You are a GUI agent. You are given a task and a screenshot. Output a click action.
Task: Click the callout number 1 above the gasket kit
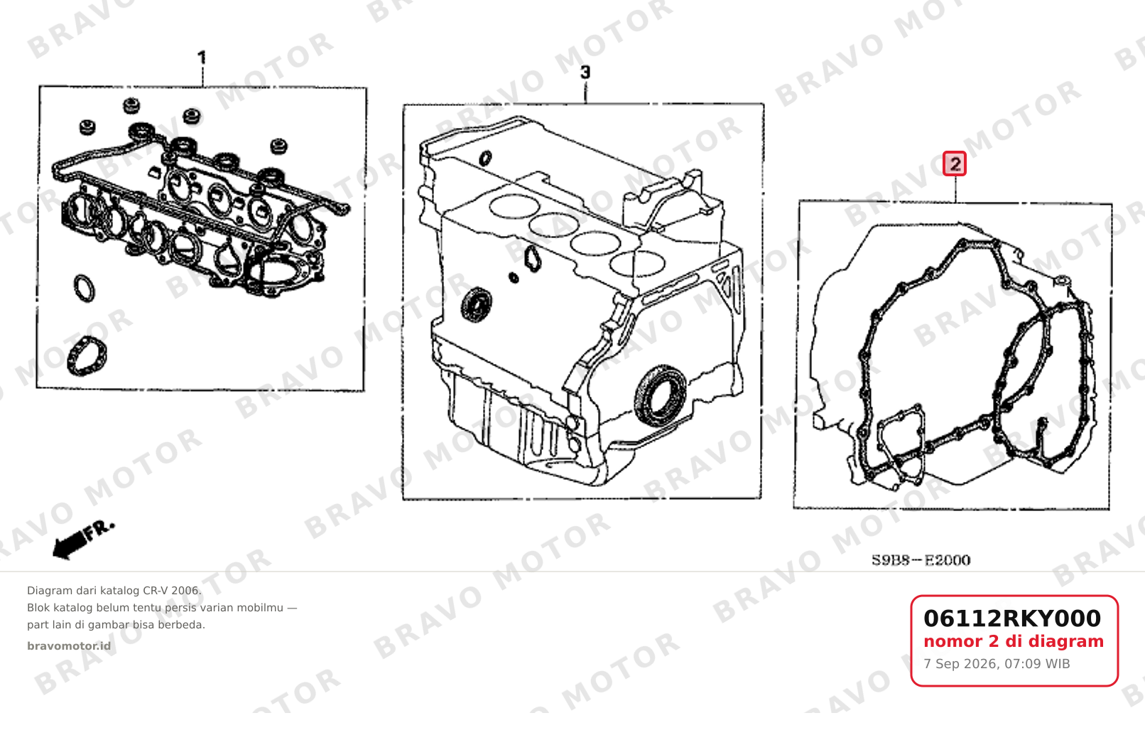[x=202, y=58]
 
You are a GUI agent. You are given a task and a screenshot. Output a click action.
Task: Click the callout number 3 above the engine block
[x=585, y=72]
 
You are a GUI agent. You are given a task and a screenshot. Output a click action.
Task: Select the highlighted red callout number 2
[x=955, y=163]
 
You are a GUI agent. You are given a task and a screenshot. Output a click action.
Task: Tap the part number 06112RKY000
[x=1012, y=618]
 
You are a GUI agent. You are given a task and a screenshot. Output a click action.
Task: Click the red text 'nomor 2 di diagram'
[x=1014, y=641]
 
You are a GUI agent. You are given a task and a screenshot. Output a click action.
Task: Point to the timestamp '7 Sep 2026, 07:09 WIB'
[x=997, y=664]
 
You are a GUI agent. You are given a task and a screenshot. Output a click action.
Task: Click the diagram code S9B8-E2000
[x=921, y=560]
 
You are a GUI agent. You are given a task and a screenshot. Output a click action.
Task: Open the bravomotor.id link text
[x=69, y=646]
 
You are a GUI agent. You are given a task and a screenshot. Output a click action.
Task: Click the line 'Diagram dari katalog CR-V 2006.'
[x=114, y=591]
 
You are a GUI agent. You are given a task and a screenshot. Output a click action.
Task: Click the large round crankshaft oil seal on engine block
[x=661, y=395]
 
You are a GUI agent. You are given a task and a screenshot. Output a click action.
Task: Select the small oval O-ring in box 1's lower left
[x=85, y=289]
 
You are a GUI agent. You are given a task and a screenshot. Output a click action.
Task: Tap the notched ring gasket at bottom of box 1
[x=87, y=355]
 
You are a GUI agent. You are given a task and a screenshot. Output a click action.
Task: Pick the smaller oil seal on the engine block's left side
[x=477, y=305]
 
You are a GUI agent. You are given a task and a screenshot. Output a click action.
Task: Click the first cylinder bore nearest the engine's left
[x=514, y=207]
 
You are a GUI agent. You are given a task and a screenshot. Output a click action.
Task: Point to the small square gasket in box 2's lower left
[x=901, y=444]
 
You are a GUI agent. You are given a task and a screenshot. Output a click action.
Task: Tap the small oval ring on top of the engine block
[x=485, y=159]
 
